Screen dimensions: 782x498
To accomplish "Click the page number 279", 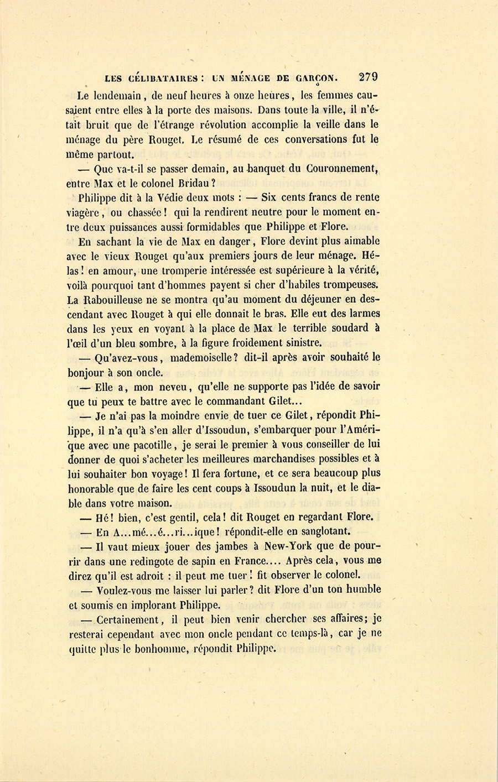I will coord(367,77).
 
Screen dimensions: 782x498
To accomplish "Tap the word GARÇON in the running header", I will coord(315,78).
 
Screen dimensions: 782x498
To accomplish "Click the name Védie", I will coord(159,197).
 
